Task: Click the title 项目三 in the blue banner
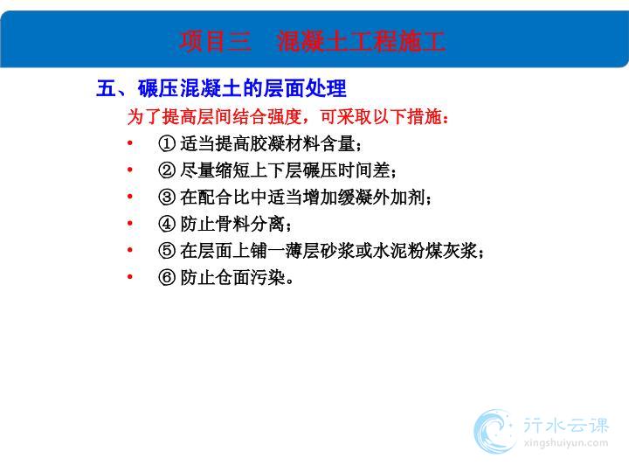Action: pyautogui.click(x=216, y=41)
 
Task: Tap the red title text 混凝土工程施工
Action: pyautogui.click(x=361, y=41)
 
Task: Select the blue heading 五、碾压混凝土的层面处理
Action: pyautogui.click(x=221, y=88)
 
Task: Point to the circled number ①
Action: pyautogui.click(x=167, y=143)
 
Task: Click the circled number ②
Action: pyautogui.click(x=167, y=170)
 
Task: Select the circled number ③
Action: pyautogui.click(x=167, y=197)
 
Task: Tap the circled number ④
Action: pyautogui.click(x=167, y=224)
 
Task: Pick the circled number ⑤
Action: pyautogui.click(x=167, y=251)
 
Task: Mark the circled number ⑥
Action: pyautogui.click(x=167, y=277)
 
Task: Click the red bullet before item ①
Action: pyautogui.click(x=129, y=142)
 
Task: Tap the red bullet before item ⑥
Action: pyautogui.click(x=129, y=276)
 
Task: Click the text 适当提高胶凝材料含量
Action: pyautogui.click(x=267, y=143)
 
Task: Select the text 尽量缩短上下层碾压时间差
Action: pyautogui.click(x=285, y=170)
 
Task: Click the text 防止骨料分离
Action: pyautogui.click(x=232, y=224)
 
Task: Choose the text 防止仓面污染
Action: pyautogui.click(x=232, y=277)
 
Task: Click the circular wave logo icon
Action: pyautogui.click(x=494, y=432)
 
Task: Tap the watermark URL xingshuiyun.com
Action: pyautogui.click(x=565, y=443)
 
